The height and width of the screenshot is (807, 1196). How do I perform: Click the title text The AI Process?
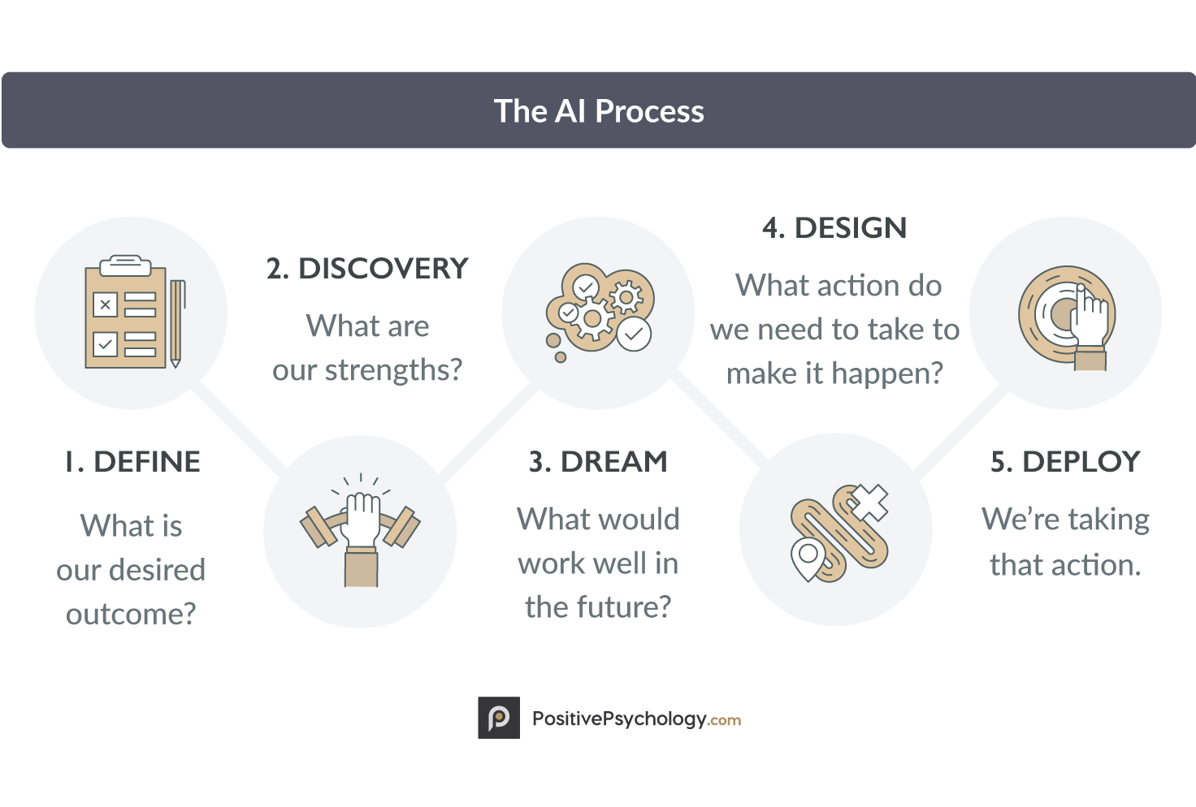click(599, 111)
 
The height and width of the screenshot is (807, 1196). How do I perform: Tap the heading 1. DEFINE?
click(132, 461)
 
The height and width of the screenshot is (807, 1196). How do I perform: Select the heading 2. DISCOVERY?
click(367, 268)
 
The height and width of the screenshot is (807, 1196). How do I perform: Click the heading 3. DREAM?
click(598, 461)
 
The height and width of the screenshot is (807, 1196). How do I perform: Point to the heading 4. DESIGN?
click(834, 228)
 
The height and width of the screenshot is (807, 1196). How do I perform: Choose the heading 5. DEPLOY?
click(1065, 461)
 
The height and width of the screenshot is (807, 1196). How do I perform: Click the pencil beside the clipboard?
click(177, 323)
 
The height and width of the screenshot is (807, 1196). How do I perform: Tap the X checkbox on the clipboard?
click(105, 304)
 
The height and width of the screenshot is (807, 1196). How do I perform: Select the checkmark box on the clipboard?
click(105, 344)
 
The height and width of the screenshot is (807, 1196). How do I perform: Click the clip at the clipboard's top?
click(125, 265)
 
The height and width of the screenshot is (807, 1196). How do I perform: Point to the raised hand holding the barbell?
click(361, 539)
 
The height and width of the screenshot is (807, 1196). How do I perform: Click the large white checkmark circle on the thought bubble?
click(634, 334)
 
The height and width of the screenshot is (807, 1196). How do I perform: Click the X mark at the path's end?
click(869, 503)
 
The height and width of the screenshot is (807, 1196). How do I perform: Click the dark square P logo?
click(499, 718)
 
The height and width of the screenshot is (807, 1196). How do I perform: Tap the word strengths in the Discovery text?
click(393, 370)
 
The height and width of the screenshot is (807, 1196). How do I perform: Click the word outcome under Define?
click(131, 614)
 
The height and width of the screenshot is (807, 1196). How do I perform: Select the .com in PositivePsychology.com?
click(724, 721)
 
